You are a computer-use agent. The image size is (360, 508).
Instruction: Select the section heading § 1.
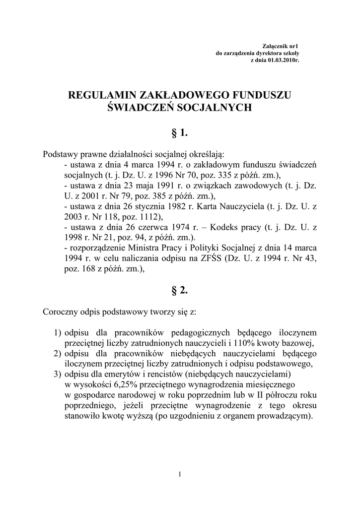179,132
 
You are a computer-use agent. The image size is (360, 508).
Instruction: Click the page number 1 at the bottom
180,475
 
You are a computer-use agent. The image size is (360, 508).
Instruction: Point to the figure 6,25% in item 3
128,384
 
